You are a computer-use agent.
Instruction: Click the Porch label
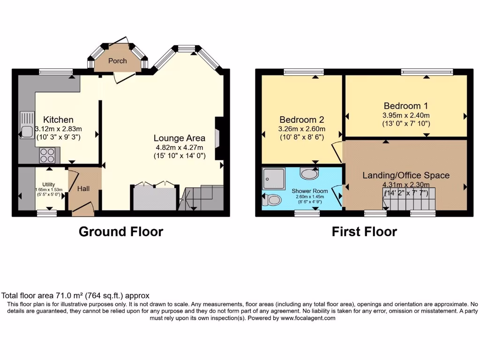(118, 61)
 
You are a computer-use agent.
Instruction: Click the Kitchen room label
(58, 120)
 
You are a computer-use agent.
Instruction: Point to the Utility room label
(48, 184)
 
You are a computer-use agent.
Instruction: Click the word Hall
(83, 188)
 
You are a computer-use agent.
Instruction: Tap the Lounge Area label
(180, 138)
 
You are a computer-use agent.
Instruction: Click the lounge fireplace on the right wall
(218, 138)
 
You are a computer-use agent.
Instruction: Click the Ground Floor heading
(121, 232)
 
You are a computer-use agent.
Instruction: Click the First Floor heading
(364, 232)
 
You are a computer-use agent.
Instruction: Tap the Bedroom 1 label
(405, 106)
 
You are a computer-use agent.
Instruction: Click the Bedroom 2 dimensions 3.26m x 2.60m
(302, 129)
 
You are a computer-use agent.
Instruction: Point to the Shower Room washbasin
(309, 174)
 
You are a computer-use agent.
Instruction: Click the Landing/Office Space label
(405, 175)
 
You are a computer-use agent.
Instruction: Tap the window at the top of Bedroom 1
(427, 72)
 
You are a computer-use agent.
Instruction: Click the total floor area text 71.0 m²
(75, 295)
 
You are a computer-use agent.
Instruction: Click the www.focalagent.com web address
(308, 318)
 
